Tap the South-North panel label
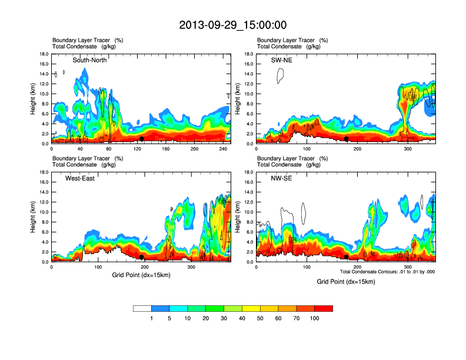(89, 60)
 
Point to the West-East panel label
(81, 178)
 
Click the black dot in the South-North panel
(142, 139)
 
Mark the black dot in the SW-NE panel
(347, 139)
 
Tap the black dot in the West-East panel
(142, 257)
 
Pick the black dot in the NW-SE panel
(347, 257)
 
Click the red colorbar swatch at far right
(324, 308)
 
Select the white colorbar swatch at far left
(142, 308)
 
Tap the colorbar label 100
(315, 318)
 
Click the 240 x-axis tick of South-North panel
(223, 149)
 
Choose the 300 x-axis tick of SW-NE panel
(407, 149)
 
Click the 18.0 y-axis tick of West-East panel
(43, 172)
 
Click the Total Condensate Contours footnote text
(387, 271)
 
